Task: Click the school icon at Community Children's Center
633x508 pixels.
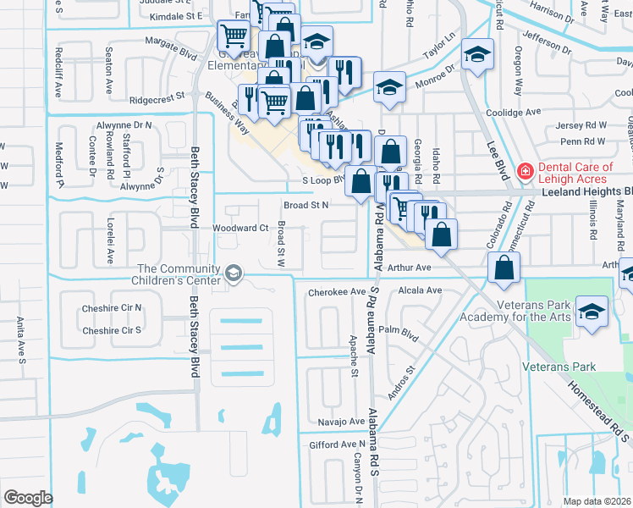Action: point(234,273)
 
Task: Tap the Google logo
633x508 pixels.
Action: point(28,497)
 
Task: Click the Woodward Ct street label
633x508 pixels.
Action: point(239,228)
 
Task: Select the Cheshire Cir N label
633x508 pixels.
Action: point(112,308)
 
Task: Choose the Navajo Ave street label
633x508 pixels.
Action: point(335,421)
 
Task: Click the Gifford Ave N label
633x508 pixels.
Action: point(337,444)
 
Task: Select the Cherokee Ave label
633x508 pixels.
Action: point(335,292)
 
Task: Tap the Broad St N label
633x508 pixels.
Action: point(305,204)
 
